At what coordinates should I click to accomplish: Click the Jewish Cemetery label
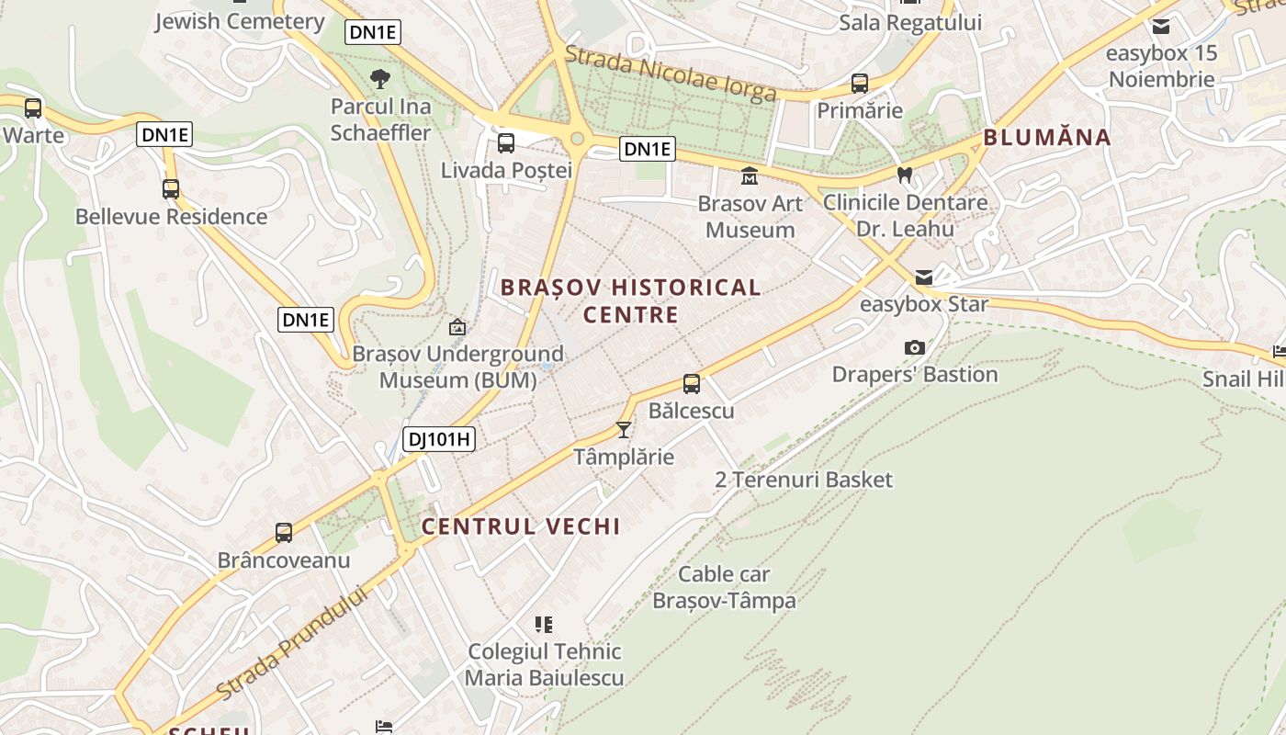pyautogui.click(x=239, y=21)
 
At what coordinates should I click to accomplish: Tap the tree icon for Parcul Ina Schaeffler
pyautogui.click(x=379, y=79)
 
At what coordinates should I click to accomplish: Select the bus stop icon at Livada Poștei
pyautogui.click(x=506, y=142)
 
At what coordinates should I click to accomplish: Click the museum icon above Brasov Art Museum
pyautogui.click(x=750, y=175)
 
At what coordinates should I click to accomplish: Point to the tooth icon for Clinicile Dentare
pyautogui.click(x=905, y=175)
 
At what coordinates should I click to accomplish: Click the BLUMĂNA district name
pyautogui.click(x=1047, y=138)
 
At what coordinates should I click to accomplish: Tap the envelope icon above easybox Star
pyautogui.click(x=923, y=277)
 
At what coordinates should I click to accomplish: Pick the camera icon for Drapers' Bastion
pyautogui.click(x=914, y=347)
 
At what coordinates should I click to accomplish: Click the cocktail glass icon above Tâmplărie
pyautogui.click(x=624, y=429)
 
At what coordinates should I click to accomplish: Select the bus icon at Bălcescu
pyautogui.click(x=692, y=384)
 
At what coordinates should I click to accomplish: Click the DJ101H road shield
pyautogui.click(x=439, y=439)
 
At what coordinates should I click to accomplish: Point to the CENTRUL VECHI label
pyautogui.click(x=521, y=526)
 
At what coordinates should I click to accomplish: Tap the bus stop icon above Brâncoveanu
pyautogui.click(x=284, y=533)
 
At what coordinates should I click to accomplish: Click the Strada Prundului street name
pyautogui.click(x=293, y=641)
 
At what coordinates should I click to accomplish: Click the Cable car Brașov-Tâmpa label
pyautogui.click(x=724, y=588)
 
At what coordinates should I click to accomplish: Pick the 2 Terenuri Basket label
pyautogui.click(x=804, y=480)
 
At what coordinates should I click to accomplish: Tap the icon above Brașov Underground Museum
pyautogui.click(x=457, y=326)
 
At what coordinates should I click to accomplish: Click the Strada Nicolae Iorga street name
pyautogui.click(x=671, y=73)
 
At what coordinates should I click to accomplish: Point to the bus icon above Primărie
pyautogui.click(x=860, y=84)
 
